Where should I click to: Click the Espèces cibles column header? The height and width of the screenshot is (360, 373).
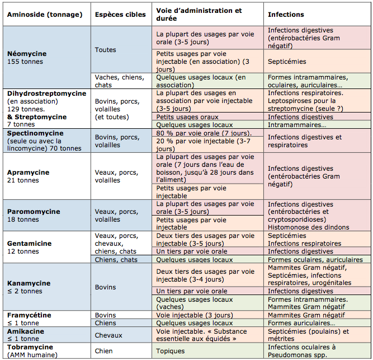[121, 15]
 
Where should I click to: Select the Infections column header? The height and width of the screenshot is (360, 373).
[317, 15]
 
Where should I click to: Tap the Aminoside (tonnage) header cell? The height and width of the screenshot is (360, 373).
[47, 15]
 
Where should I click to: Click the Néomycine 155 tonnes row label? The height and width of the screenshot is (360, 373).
[47, 57]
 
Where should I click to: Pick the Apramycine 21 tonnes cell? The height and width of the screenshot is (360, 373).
[47, 176]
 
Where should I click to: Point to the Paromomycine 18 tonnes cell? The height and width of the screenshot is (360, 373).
[47, 215]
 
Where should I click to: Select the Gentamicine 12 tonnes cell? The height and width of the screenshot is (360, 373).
[47, 247]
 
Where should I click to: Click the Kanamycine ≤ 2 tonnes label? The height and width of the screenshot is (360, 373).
[47, 287]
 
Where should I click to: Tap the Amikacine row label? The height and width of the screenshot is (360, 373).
[47, 335]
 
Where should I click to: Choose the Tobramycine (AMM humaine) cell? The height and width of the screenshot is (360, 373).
[47, 350]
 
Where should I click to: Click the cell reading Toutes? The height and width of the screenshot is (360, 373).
[121, 49]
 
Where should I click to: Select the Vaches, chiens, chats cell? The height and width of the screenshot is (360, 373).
[121, 81]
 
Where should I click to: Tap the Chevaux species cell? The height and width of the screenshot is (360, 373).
[121, 335]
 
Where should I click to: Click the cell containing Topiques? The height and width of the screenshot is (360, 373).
[207, 350]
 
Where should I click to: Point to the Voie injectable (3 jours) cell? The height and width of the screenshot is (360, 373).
[207, 315]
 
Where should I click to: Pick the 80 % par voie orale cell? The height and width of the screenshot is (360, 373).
[207, 133]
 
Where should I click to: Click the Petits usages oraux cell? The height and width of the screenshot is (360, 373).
[207, 116]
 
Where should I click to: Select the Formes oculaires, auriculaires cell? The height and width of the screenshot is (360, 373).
[317, 259]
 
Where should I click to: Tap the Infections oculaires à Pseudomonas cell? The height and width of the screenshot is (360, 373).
[317, 350]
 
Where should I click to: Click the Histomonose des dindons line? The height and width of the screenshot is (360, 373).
[308, 227]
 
